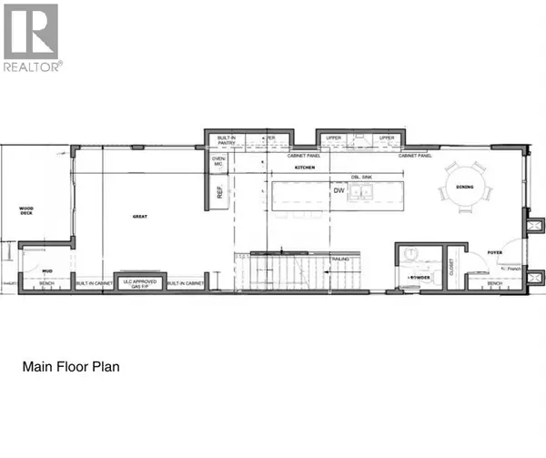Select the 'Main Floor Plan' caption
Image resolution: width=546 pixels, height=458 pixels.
[71, 368]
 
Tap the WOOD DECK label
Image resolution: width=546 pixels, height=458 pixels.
[26, 211]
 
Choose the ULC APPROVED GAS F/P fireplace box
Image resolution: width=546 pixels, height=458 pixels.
[138, 283]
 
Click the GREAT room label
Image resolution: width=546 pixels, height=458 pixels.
[139, 217]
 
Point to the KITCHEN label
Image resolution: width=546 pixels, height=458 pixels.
[303, 168]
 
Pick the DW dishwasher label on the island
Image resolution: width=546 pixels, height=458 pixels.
[338, 191]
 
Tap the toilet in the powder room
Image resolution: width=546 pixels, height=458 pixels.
[410, 256]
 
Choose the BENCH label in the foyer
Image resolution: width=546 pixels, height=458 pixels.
[494, 284]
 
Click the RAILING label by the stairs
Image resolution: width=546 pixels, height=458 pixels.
[317, 260]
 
